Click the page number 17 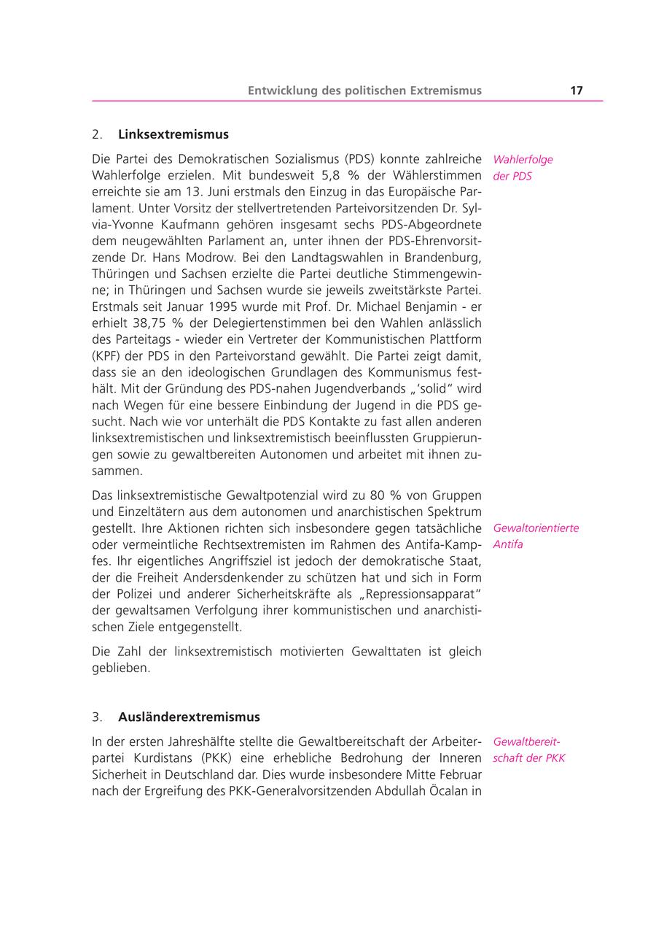[576, 90]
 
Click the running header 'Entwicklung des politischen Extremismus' [364, 90]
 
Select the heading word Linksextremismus [173, 134]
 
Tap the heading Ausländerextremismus [189, 717]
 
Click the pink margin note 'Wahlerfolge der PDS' [523, 167]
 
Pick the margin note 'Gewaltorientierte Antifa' [536, 536]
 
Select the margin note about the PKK [528, 749]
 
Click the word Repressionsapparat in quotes [419, 594]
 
